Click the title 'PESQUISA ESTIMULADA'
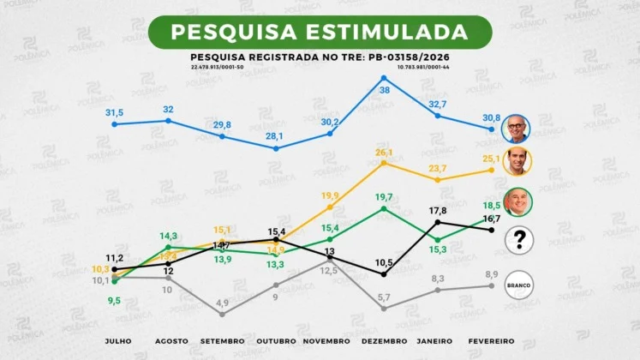click(x=320, y=32)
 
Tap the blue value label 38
click(x=385, y=90)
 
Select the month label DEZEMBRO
click(x=384, y=340)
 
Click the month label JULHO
click(x=117, y=340)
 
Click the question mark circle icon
click(x=517, y=241)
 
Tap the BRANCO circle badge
click(x=517, y=285)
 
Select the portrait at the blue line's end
click(x=517, y=129)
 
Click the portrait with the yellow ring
click(x=517, y=161)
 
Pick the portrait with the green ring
click(x=517, y=202)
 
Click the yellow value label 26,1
click(x=384, y=153)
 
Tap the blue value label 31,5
click(x=114, y=112)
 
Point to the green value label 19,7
click(x=384, y=196)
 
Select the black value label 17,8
click(x=438, y=210)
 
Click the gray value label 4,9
click(x=222, y=303)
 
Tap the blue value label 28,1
click(x=275, y=135)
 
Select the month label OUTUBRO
click(x=275, y=340)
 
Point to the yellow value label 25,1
click(x=491, y=159)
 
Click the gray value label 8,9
click(x=491, y=274)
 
